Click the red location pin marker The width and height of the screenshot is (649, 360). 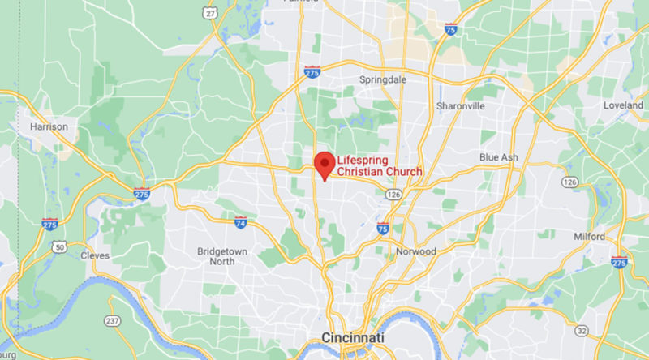coord(324,165)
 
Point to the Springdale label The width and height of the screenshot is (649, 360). coord(383,80)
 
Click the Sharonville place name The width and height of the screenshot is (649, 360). coord(461,106)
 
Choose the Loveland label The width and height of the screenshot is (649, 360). coord(623,106)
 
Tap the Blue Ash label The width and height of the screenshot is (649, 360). coord(498,156)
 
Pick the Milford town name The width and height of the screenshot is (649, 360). coord(588,237)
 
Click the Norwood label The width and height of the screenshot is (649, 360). coord(416,251)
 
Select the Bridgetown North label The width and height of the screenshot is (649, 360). coord(221,256)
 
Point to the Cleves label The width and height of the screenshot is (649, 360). coord(95,255)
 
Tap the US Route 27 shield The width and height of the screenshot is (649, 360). coord(210,12)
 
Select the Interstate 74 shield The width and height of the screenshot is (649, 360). coord(240,221)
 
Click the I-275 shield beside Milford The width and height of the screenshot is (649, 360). coord(619,262)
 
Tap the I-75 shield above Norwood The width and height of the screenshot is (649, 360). coord(383,229)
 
